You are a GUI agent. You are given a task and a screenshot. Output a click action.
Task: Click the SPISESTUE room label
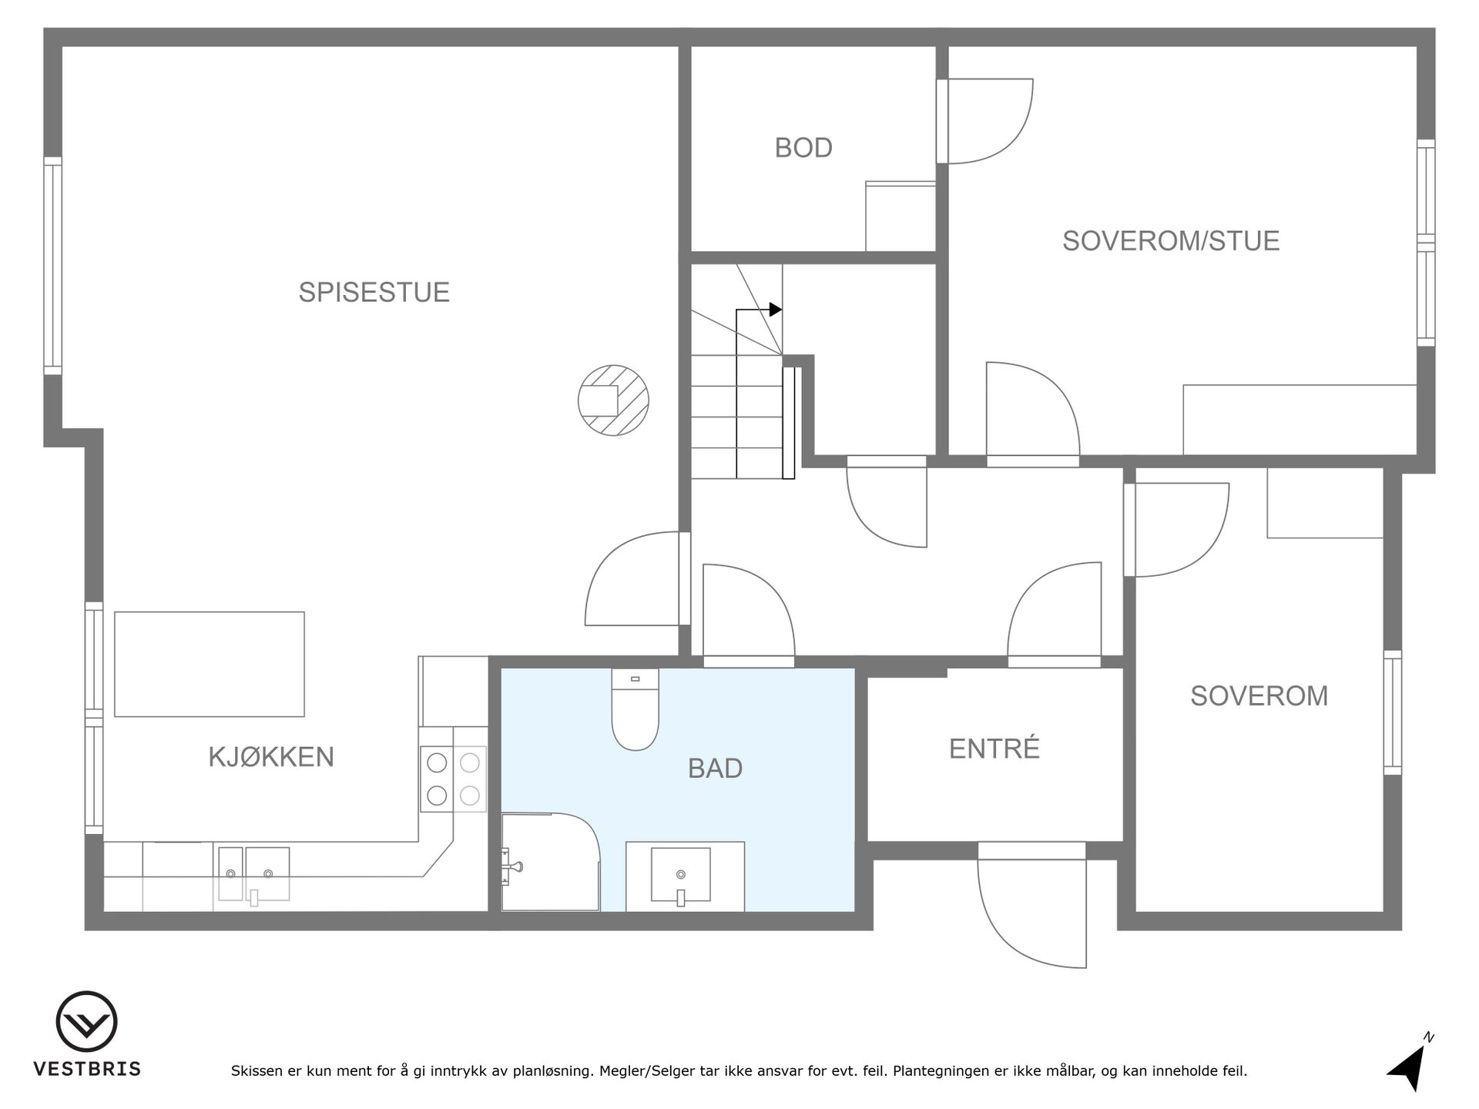tap(374, 293)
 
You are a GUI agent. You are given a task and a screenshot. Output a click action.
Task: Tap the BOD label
tap(803, 148)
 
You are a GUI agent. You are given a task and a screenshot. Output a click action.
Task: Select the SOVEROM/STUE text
tap(1171, 241)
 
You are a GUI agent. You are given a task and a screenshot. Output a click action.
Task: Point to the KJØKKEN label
tap(271, 757)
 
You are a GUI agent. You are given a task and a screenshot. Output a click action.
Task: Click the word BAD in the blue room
tap(715, 769)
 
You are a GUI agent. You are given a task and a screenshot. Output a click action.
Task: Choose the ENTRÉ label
tap(994, 749)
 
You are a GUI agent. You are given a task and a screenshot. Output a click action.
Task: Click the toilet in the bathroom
tap(636, 709)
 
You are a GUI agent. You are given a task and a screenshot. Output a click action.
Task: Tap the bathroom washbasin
tap(681, 876)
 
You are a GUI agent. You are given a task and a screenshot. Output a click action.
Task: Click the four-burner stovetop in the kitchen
tap(454, 779)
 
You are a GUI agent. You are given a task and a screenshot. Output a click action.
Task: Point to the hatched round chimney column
tap(614, 400)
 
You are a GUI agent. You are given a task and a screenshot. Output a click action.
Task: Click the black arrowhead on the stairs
tap(776, 310)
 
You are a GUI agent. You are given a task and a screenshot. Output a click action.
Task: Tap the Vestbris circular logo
tap(87, 1022)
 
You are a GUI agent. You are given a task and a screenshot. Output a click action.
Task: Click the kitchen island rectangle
tap(210, 664)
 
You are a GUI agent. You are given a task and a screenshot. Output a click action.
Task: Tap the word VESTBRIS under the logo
tap(87, 1069)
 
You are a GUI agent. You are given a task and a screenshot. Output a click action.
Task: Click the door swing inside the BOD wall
tap(989, 121)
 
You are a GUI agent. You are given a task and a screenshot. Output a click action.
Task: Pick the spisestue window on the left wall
tap(52, 266)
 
